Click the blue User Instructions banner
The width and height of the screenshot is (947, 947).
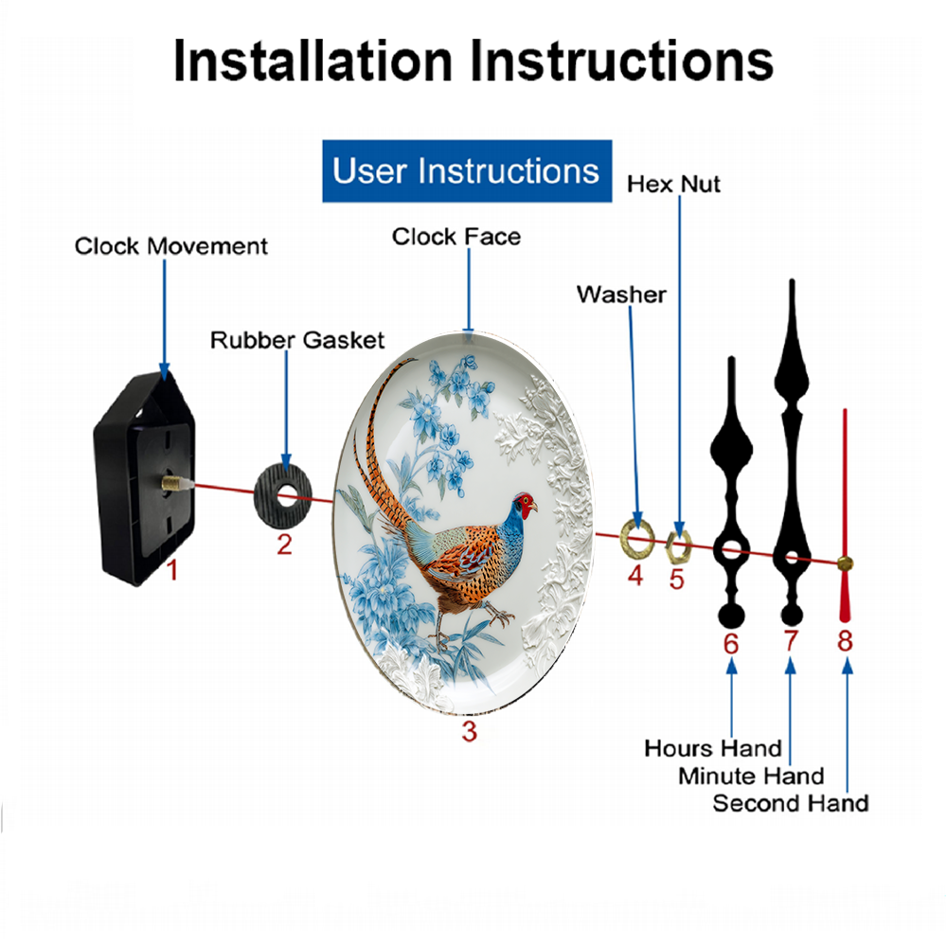(x=467, y=170)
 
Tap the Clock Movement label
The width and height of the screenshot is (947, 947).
(x=170, y=246)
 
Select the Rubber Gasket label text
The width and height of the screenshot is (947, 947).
(x=297, y=340)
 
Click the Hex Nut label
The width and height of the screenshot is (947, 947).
(x=673, y=185)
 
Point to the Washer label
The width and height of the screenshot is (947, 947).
(x=621, y=295)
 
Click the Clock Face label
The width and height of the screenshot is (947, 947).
(x=456, y=237)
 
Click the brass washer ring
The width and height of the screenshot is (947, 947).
(x=637, y=536)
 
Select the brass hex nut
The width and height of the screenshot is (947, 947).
(x=678, y=545)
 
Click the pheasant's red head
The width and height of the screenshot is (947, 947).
(x=526, y=505)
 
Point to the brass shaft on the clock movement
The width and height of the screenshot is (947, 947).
(x=173, y=483)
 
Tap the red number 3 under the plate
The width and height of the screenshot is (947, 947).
(x=470, y=731)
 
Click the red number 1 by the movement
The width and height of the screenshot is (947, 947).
(x=172, y=570)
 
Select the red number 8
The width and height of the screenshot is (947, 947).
(x=845, y=641)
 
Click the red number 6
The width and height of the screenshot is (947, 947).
(x=731, y=644)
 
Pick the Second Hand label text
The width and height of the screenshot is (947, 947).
(x=791, y=803)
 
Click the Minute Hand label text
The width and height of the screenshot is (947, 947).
(x=751, y=777)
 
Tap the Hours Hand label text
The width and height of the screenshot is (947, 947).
(x=713, y=748)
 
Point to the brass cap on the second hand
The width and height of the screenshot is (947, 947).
(x=845, y=564)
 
